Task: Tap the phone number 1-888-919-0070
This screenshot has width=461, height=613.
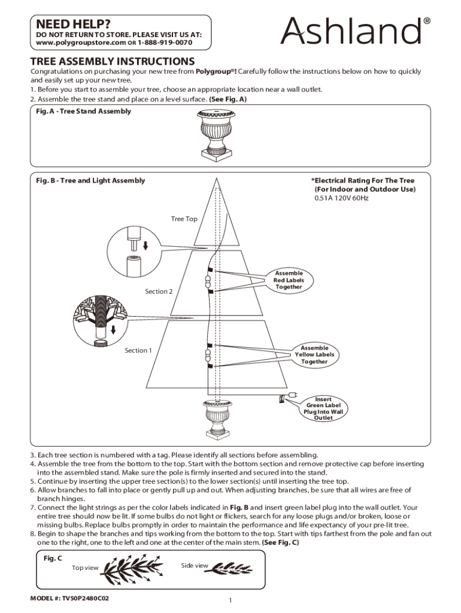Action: point(165,43)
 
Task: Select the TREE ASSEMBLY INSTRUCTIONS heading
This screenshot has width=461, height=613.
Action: point(113,62)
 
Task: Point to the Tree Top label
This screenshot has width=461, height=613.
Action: point(184,219)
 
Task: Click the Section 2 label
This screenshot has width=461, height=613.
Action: point(159,292)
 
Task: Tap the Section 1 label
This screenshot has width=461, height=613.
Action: point(138,350)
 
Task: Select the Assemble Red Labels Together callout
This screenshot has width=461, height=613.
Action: point(289,280)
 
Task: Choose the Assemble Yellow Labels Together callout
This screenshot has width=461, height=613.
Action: point(314,355)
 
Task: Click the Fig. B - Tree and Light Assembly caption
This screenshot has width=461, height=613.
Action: point(90,180)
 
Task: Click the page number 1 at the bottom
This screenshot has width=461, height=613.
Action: point(230,600)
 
